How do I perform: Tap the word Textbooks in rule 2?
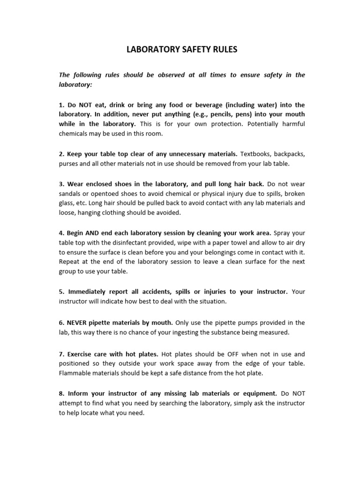click(x=255, y=154)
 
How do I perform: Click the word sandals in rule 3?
click(x=70, y=193)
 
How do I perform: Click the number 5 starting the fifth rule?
click(x=61, y=291)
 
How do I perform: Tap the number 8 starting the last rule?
click(x=61, y=393)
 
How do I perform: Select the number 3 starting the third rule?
click(x=61, y=183)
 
